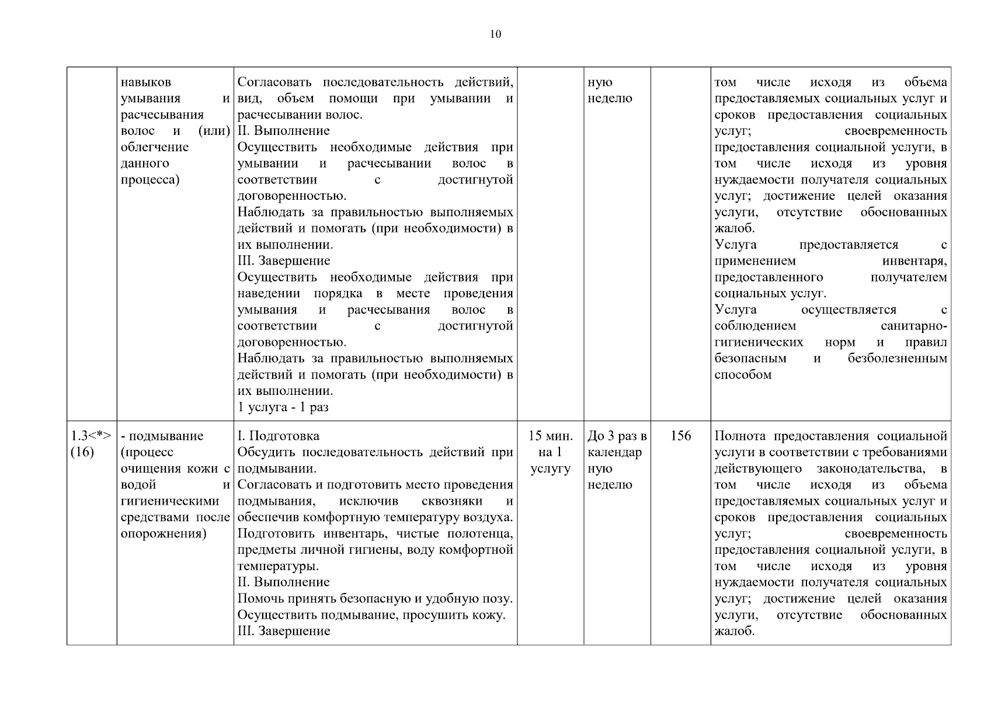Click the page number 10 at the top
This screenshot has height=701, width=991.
pyautogui.click(x=495, y=34)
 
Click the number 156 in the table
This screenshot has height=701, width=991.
pyautogui.click(x=680, y=436)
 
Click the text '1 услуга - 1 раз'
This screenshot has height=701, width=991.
pyautogui.click(x=283, y=407)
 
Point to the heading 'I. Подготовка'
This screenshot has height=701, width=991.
pyautogui.click(x=278, y=436)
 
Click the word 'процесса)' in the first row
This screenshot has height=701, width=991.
pyautogui.click(x=149, y=179)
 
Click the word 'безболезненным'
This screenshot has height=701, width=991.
pyautogui.click(x=897, y=358)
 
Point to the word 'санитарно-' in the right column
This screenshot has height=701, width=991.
pyautogui.click(x=913, y=326)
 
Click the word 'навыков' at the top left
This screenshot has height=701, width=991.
pyautogui.click(x=145, y=82)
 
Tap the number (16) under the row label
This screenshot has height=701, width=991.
pyautogui.click(x=82, y=452)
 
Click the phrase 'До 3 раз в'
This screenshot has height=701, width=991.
pyautogui.click(x=617, y=436)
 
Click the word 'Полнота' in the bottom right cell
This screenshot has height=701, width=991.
pyautogui.click(x=740, y=436)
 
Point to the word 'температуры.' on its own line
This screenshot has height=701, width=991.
pyautogui.click(x=278, y=566)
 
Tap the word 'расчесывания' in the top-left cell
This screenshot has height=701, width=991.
pyautogui.click(x=162, y=114)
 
